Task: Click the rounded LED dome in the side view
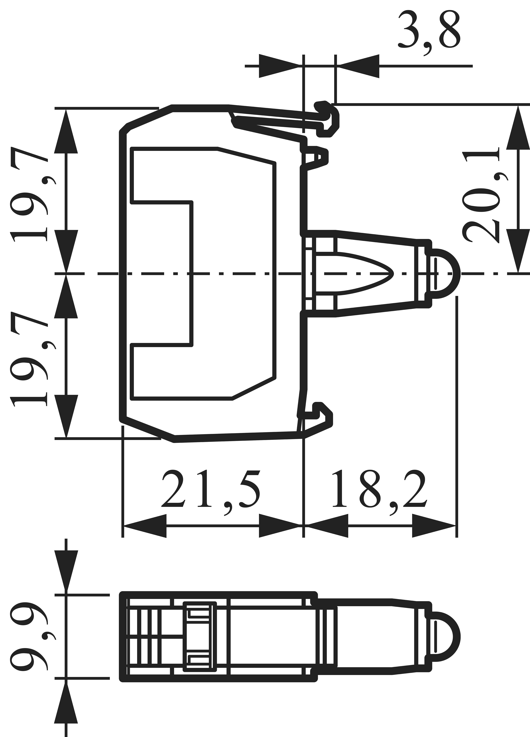point(445,274)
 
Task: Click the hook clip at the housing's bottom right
point(322,419)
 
